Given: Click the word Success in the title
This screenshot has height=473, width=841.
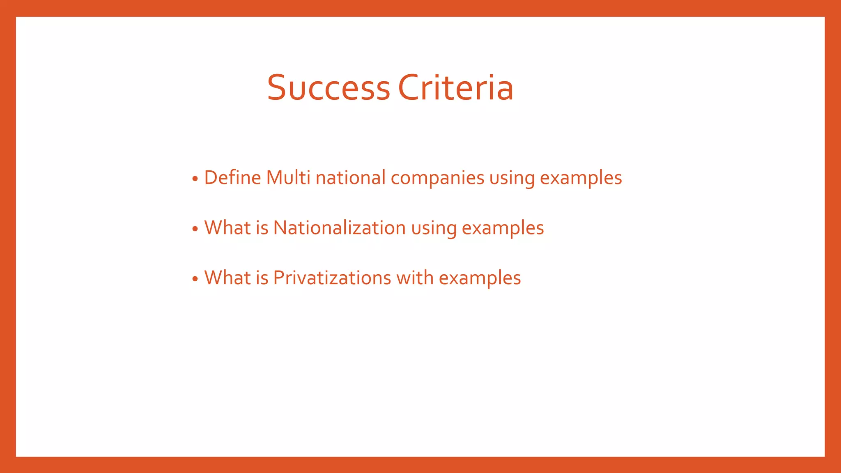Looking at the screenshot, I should click(x=328, y=87).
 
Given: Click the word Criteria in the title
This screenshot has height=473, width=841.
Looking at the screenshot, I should click(x=456, y=87).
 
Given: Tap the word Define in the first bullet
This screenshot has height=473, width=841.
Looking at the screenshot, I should click(x=232, y=178).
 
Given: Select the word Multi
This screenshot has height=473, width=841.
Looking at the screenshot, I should click(x=288, y=178).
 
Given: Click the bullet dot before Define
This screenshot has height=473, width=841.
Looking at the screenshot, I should click(x=195, y=179).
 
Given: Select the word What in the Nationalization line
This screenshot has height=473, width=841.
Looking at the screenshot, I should click(x=227, y=228).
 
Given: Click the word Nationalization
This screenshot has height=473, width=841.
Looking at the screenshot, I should click(x=339, y=228).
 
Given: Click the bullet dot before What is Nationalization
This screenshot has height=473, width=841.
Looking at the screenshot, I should click(x=195, y=229).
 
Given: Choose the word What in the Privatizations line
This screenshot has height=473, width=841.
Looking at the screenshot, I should click(x=227, y=278).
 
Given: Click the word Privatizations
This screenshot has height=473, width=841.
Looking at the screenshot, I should click(x=332, y=278).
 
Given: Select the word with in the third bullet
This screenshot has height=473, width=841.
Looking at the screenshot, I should click(x=415, y=278).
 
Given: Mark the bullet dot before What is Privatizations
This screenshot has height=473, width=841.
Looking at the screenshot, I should click(x=195, y=279).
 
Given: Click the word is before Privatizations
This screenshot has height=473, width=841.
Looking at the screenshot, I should click(x=262, y=278).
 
